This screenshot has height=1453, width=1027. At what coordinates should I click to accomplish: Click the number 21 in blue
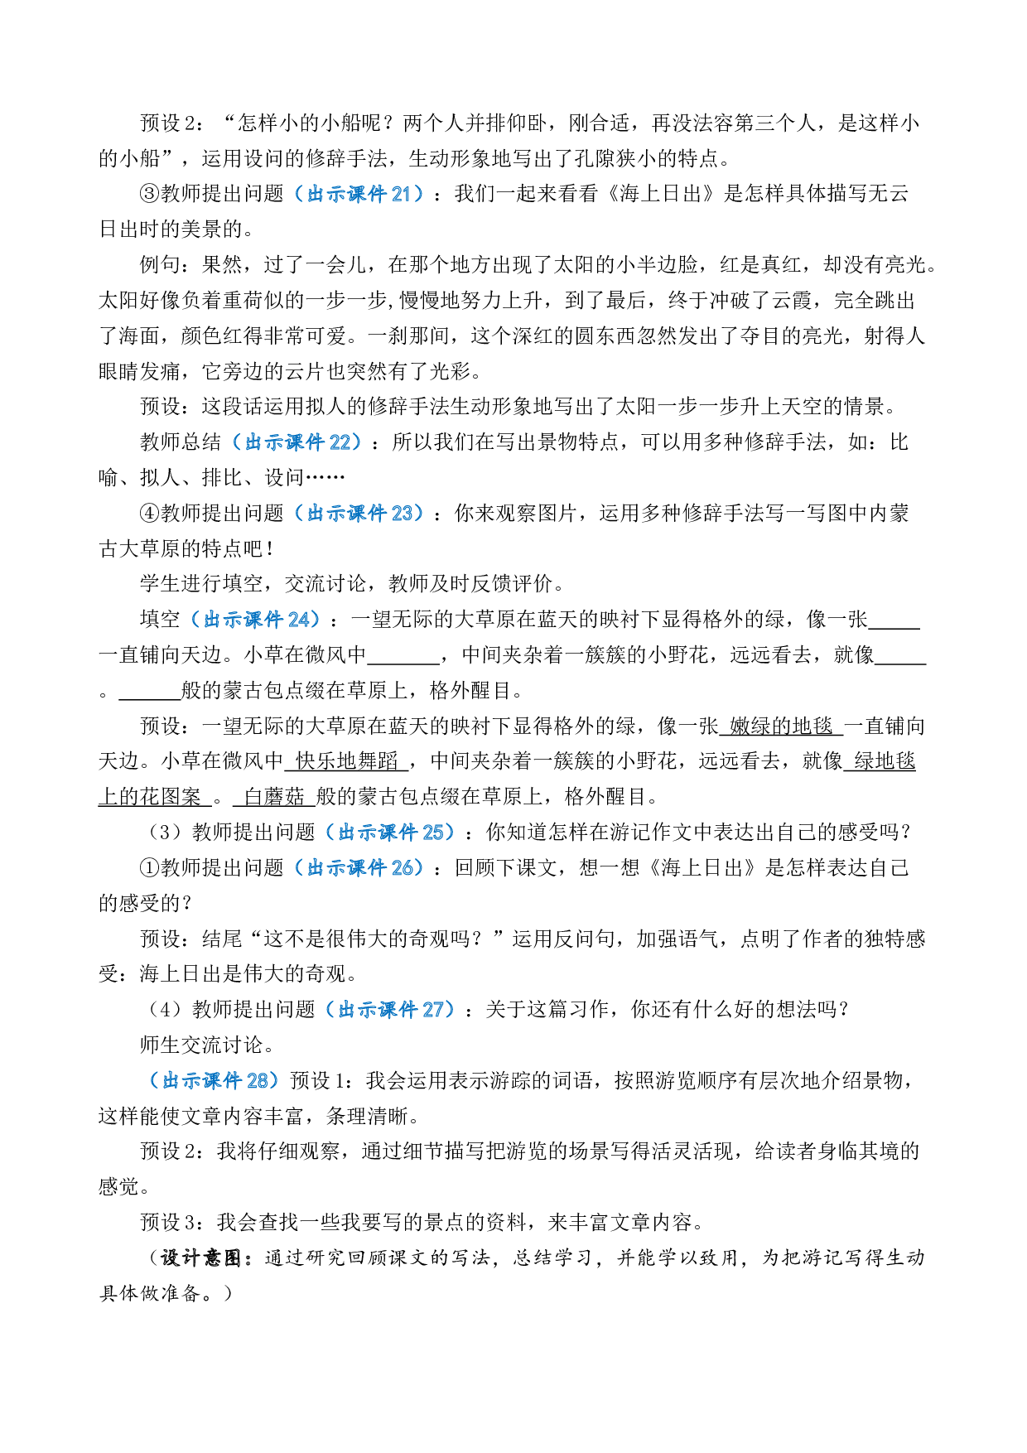[x=401, y=194]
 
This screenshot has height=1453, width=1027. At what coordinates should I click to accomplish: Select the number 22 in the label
[x=340, y=442]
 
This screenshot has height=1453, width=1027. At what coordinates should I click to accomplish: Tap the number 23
[x=402, y=514]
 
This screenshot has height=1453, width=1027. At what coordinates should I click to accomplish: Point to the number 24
[x=298, y=620]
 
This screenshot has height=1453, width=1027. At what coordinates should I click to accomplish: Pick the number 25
[x=433, y=833]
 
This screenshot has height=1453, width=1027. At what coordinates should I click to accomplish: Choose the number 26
[x=402, y=868]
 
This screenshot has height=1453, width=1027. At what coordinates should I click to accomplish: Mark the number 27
[x=433, y=1010]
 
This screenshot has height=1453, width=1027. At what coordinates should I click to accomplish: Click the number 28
[x=257, y=1081]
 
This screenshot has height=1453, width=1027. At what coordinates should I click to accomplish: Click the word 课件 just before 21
[x=367, y=194]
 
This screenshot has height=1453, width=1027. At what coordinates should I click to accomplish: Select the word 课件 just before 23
[x=367, y=514]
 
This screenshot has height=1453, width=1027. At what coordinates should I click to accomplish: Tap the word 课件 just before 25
[x=398, y=833]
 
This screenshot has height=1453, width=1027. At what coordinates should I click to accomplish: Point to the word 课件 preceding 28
[x=223, y=1081]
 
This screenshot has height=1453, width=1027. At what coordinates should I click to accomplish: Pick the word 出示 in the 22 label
[x=265, y=442]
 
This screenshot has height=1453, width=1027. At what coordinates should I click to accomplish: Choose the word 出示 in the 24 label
[x=224, y=620]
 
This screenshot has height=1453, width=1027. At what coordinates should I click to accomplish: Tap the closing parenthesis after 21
[x=419, y=194]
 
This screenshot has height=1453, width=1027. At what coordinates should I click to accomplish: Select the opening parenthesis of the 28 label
[x=154, y=1081]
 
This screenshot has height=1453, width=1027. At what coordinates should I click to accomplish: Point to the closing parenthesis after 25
[x=451, y=833]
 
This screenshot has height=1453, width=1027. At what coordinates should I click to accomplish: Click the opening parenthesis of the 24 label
[x=195, y=620]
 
